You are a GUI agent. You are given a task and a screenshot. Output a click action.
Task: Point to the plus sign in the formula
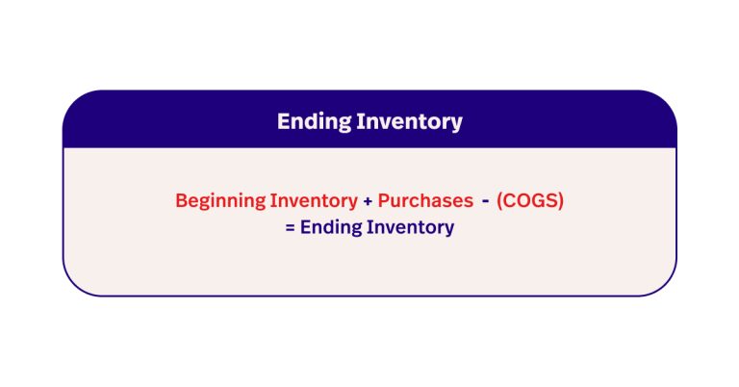point(368,201)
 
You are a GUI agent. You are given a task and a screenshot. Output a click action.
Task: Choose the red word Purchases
point(424,201)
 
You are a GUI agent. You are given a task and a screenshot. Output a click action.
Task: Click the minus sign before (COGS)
point(486,200)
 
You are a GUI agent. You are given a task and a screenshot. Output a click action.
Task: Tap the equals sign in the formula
point(290,228)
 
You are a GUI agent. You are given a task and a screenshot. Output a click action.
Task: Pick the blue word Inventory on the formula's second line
point(412,228)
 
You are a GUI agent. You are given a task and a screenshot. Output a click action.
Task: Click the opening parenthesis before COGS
point(501,201)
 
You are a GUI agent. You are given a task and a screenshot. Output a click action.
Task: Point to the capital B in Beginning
point(181,201)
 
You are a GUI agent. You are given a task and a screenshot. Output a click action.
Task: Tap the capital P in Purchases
point(383,201)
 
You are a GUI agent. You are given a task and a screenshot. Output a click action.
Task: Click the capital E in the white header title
point(284,121)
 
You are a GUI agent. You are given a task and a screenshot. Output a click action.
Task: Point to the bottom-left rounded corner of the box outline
point(71,287)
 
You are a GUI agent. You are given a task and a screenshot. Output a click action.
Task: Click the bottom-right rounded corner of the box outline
point(668,287)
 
